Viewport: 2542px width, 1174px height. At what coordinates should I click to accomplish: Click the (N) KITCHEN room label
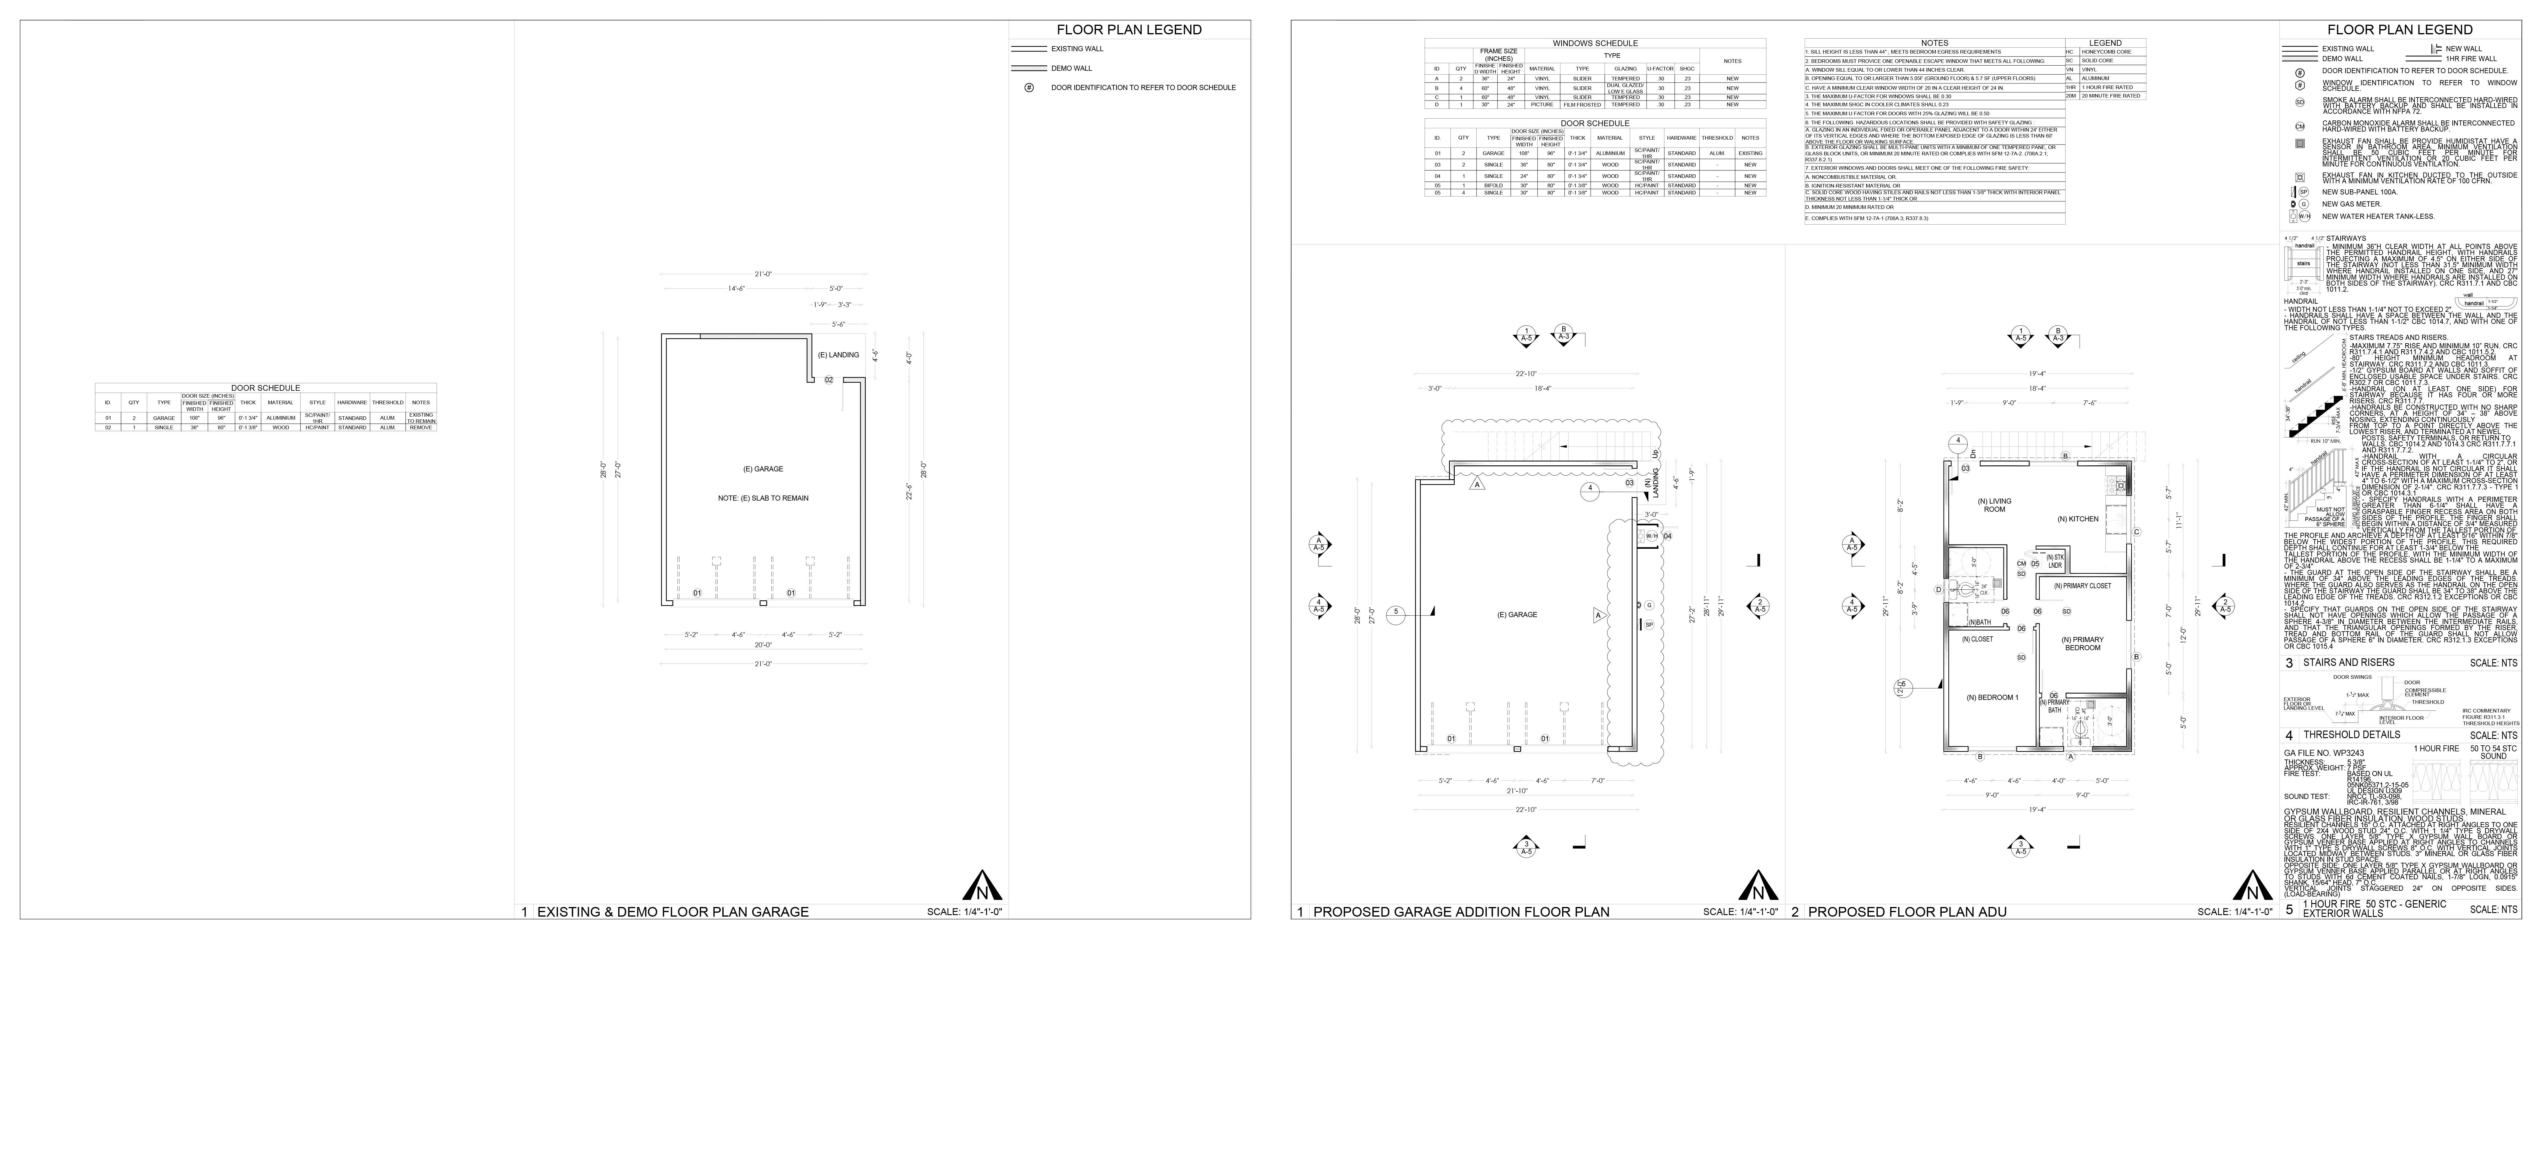pyautogui.click(x=2077, y=519)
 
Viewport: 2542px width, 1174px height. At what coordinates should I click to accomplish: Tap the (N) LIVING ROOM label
pyautogui.click(x=1994, y=505)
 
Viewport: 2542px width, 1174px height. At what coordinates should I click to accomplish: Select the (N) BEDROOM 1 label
pyautogui.click(x=1991, y=697)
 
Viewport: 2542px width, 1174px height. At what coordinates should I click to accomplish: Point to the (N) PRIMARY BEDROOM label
pyautogui.click(x=2082, y=643)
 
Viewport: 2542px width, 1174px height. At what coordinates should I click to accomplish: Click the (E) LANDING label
pyautogui.click(x=838, y=355)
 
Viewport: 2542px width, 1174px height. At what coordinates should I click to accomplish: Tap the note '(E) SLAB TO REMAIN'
pyautogui.click(x=763, y=498)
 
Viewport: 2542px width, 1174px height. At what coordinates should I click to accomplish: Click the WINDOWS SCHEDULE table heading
pyautogui.click(x=1595, y=43)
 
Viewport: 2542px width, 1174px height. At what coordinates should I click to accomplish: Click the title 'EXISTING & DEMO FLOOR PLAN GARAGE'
pyautogui.click(x=672, y=912)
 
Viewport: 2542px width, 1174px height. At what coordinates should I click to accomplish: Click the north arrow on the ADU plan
pyautogui.click(x=2252, y=886)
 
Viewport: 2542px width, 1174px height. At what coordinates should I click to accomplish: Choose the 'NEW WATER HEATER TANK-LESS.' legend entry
pyautogui.click(x=2363, y=216)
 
